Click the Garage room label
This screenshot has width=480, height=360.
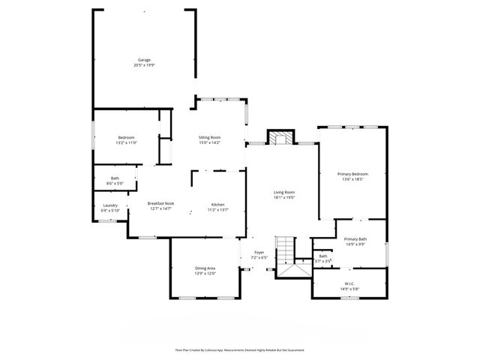[144, 60]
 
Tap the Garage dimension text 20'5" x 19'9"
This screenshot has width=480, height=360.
[144, 65]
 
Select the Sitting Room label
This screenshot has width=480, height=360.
[209, 137]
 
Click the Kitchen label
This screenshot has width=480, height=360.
[217, 204]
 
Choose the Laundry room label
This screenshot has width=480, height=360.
[109, 205]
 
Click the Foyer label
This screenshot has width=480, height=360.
[259, 252]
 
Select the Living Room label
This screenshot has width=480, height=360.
[283, 192]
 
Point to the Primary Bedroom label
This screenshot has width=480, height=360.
[352, 174]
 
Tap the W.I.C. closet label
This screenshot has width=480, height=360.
[350, 283]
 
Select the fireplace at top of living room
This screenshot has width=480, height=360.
[280, 137]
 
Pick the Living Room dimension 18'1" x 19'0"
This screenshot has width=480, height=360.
[283, 197]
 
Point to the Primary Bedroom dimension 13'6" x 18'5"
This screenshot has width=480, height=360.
[352, 179]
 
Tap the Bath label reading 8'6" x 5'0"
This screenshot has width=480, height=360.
[115, 180]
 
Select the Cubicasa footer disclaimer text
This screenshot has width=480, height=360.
[240, 349]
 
